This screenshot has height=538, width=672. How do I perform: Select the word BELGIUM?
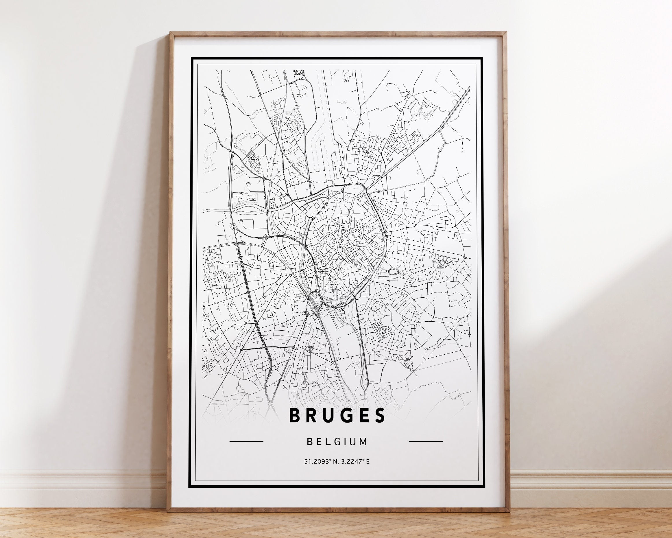click(x=337, y=441)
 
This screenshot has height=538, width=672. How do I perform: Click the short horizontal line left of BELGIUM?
click(x=246, y=441)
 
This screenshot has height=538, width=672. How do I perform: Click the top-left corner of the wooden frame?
click(x=171, y=32)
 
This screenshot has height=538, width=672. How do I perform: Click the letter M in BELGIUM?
click(x=363, y=441)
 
